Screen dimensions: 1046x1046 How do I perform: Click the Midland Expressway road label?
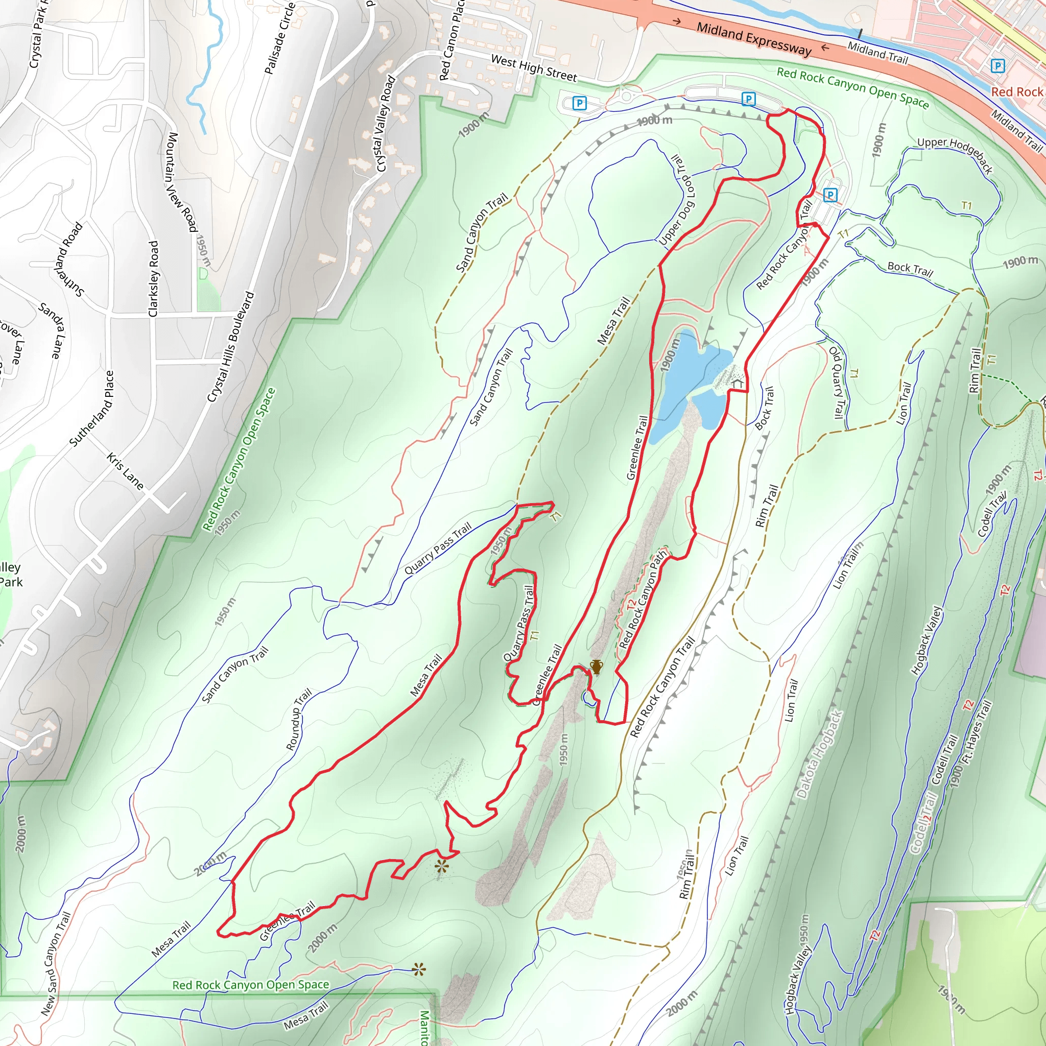pyautogui.click(x=754, y=39)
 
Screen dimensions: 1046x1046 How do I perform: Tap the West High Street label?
pyautogui.click(x=534, y=69)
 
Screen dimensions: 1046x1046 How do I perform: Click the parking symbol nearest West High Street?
pyautogui.click(x=579, y=103)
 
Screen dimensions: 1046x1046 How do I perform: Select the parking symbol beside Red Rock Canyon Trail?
pyautogui.click(x=830, y=195)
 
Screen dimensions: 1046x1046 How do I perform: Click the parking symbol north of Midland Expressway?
pyautogui.click(x=997, y=66)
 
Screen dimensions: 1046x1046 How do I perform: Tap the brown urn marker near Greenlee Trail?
pyautogui.click(x=596, y=667)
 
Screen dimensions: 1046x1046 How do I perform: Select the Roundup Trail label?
pyautogui.click(x=299, y=719)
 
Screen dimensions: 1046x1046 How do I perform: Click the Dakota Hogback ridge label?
pyautogui.click(x=820, y=754)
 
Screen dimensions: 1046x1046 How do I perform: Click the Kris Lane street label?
pyautogui.click(x=125, y=471)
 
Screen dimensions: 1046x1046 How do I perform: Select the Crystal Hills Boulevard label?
pyautogui.click(x=231, y=347)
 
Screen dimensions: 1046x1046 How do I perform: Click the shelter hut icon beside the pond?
pyautogui.click(x=737, y=384)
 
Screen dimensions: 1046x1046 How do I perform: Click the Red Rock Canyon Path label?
pyautogui.click(x=643, y=600)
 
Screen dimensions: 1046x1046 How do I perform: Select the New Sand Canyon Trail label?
pyautogui.click(x=56, y=964)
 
